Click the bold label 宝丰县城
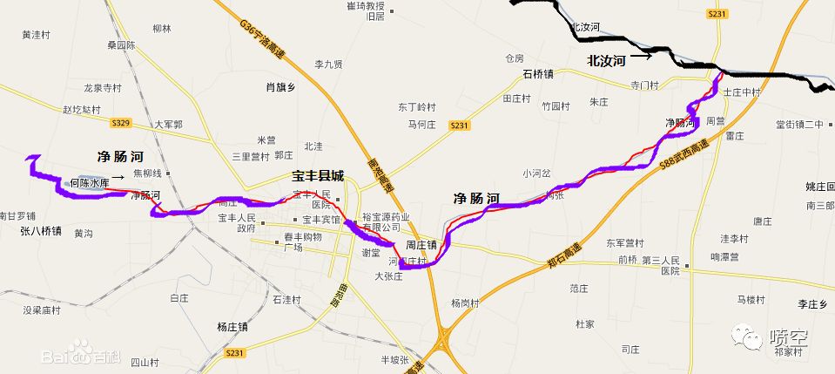[318, 176]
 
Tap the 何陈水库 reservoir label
[90, 183]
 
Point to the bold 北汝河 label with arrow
[607, 61]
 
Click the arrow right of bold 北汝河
[642, 58]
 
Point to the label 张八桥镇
[40, 232]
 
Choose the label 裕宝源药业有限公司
[387, 222]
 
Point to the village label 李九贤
[328, 65]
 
